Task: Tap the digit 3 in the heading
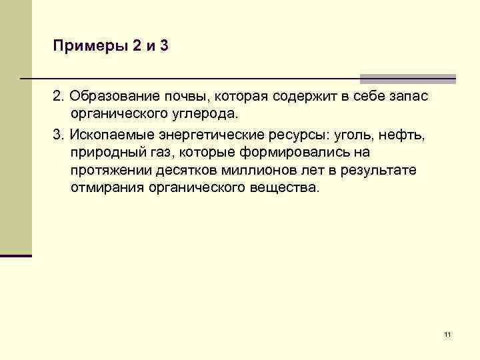[x=163, y=47]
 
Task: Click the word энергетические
[x=203, y=135]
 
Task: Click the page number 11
[x=447, y=334]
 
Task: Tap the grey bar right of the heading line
[x=407, y=79]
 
